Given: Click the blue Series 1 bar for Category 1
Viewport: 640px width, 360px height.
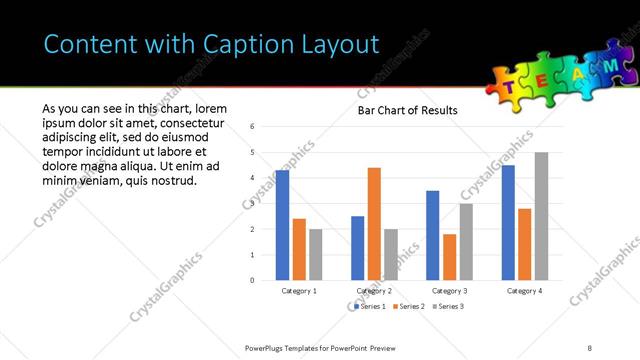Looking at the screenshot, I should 282,225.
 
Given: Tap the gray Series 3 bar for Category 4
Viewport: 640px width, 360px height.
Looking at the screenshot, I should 541,216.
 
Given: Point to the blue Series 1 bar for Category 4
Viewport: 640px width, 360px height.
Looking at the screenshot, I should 508,222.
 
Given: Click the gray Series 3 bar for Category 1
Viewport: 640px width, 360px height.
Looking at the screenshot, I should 316,254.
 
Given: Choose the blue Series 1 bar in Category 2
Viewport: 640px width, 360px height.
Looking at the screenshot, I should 357,248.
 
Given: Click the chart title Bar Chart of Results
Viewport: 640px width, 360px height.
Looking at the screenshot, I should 407,110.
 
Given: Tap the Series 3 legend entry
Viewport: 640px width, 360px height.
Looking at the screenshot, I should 448,305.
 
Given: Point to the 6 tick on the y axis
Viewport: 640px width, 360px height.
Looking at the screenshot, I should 253,127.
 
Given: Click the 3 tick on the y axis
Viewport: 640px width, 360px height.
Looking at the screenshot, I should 253,204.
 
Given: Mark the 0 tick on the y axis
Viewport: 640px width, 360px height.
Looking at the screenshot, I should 253,281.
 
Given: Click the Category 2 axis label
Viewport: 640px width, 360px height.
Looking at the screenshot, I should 374,291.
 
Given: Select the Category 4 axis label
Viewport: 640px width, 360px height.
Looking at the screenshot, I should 524,291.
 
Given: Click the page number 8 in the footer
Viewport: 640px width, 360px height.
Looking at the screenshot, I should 590,347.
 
